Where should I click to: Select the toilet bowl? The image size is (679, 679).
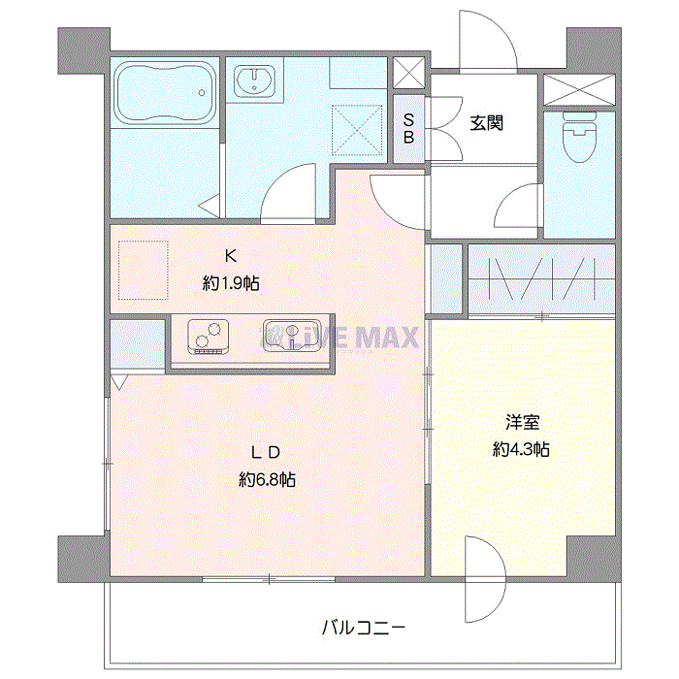click(x=579, y=141)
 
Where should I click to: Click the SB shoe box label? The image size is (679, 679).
click(x=409, y=129)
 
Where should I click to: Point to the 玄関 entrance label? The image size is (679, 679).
click(x=487, y=123)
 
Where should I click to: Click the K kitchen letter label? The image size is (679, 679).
click(x=231, y=257)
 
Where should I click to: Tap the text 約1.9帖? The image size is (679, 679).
click(x=231, y=284)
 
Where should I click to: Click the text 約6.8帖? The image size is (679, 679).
click(x=267, y=479)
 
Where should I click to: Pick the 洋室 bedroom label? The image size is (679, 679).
click(x=522, y=423)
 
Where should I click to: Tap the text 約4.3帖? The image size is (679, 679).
click(x=522, y=449)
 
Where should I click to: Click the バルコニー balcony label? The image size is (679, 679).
click(x=364, y=628)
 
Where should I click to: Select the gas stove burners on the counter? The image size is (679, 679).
click(x=208, y=336)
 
